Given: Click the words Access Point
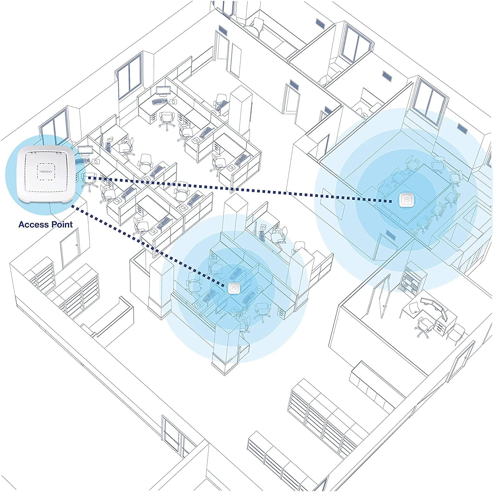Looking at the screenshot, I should [45, 224].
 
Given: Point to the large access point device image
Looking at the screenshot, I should [45, 175].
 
